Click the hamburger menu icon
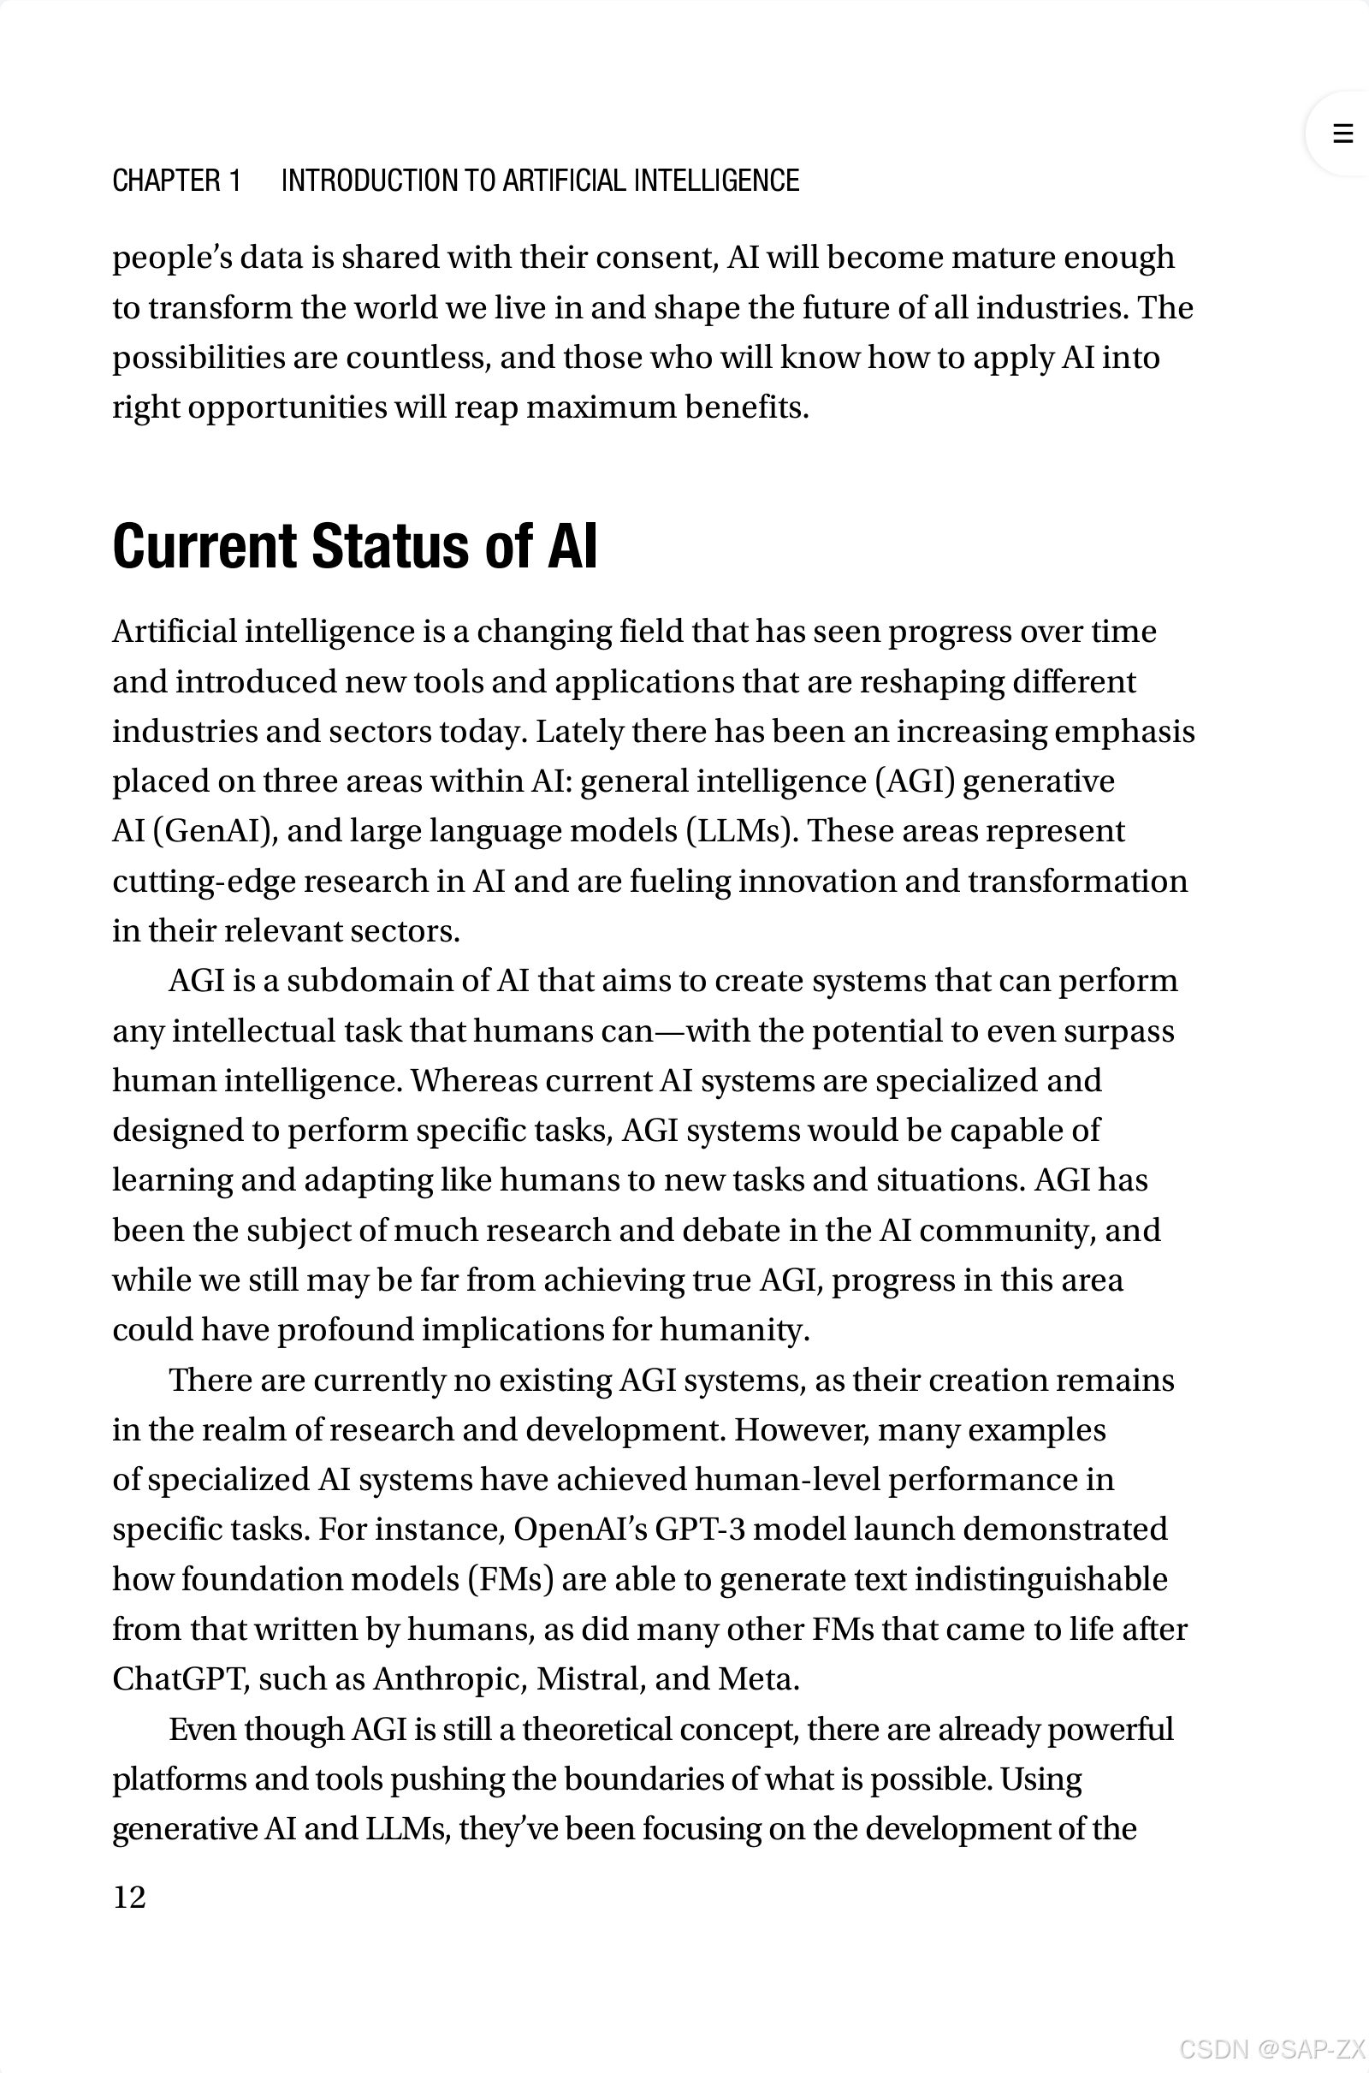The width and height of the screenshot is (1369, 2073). pos(1342,134)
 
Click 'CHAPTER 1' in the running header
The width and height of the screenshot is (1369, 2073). pos(176,181)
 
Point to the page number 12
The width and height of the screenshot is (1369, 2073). pos(129,1897)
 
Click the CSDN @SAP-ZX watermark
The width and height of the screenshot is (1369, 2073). pos(1271,2048)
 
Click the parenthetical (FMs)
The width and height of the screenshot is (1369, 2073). pos(511,1580)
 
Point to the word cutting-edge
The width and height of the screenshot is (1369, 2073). pos(204,881)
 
